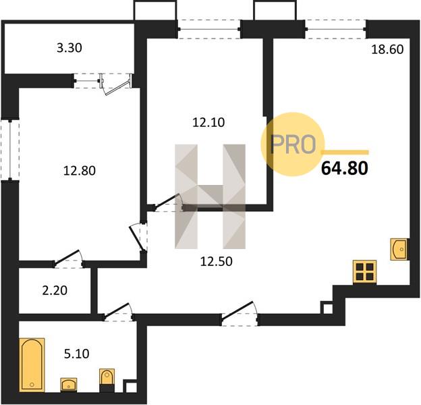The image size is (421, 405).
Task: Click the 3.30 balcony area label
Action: (69, 48)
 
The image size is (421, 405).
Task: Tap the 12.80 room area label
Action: (80, 171)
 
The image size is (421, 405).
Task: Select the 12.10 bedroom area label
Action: (208, 122)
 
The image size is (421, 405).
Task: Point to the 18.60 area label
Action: (387, 49)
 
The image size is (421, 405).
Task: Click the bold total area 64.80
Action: (345, 168)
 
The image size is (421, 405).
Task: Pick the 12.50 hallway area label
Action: (216, 261)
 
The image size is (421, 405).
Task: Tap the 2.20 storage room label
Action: (55, 291)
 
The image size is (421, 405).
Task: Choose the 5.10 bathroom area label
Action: (76, 354)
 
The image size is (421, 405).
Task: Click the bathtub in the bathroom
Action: (32, 364)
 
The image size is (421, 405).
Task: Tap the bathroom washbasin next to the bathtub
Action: (69, 385)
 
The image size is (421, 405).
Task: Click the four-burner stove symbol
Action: (364, 272)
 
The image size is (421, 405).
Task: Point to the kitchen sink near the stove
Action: (399, 249)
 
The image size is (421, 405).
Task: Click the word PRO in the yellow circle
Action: (293, 144)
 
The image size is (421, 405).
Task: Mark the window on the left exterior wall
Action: (10, 150)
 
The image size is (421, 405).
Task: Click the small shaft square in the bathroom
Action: (130, 386)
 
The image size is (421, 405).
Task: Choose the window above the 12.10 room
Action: (209, 29)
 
